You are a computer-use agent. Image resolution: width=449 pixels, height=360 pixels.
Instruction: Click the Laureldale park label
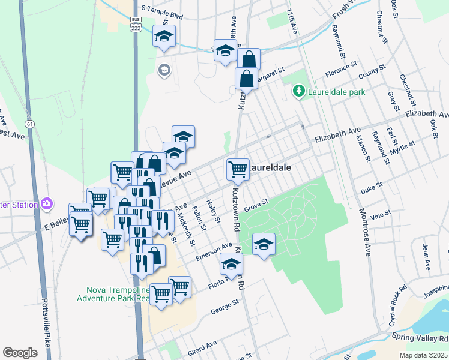[x=336, y=92]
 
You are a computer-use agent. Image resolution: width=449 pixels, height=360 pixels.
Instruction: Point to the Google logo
[x=20, y=353]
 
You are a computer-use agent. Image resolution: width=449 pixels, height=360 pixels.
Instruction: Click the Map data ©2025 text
[x=423, y=355]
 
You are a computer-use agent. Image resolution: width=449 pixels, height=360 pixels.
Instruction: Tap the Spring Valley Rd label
[x=420, y=338]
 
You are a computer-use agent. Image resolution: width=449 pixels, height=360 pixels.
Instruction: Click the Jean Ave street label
[x=427, y=256]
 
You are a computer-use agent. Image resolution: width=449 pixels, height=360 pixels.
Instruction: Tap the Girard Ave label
[x=203, y=347]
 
